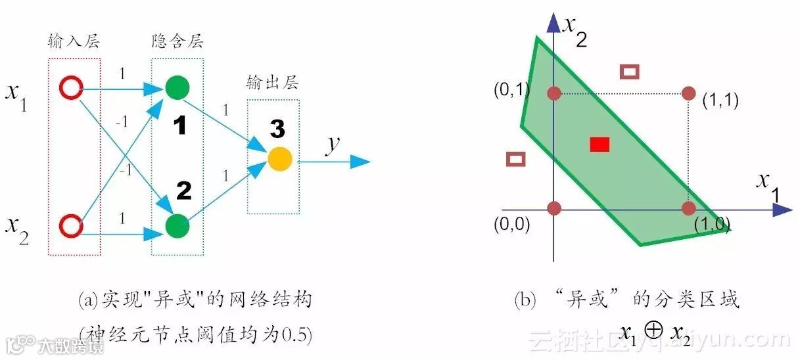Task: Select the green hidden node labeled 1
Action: pyautogui.click(x=177, y=88)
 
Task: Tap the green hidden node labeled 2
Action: pyautogui.click(x=177, y=226)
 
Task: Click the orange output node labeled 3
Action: pyautogui.click(x=279, y=160)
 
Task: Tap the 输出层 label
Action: pyautogui.click(x=273, y=83)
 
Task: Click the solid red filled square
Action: pyautogui.click(x=599, y=145)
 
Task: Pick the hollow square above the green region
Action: pyautogui.click(x=630, y=72)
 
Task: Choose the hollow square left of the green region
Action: pyautogui.click(x=517, y=158)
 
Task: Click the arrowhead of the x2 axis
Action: pyautogui.click(x=554, y=24)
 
